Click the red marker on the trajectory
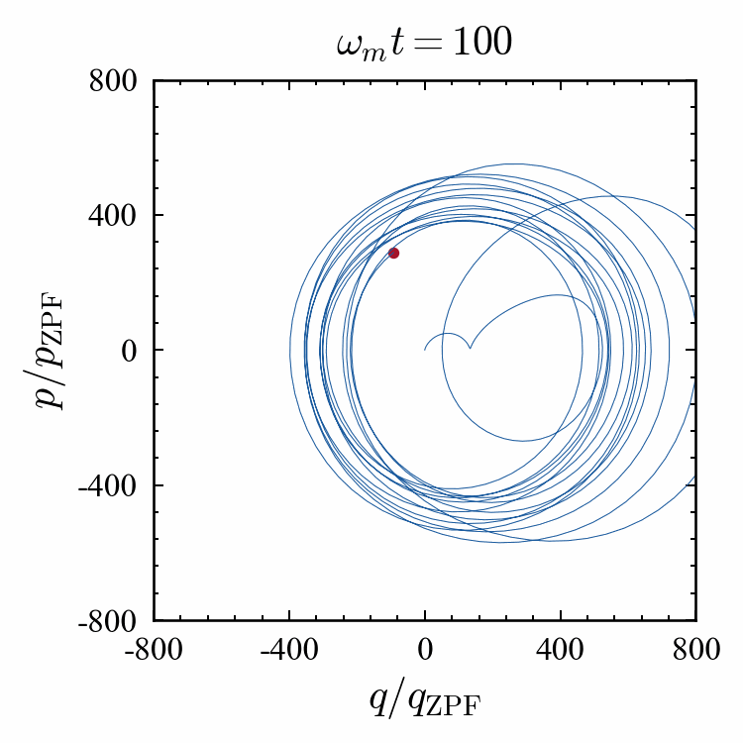(x=393, y=253)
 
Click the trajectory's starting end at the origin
(x=425, y=349)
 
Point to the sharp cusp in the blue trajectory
(x=470, y=349)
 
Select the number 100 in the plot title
(x=482, y=46)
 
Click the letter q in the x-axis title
(x=377, y=699)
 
